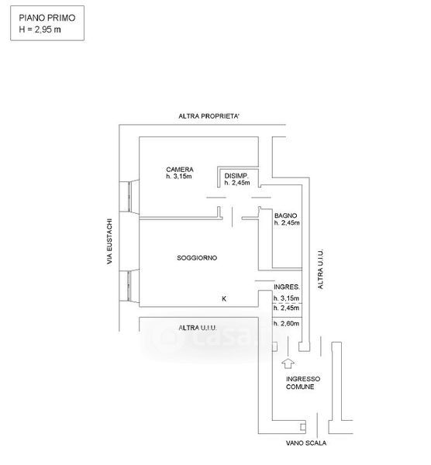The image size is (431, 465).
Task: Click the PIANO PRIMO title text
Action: point(47,18)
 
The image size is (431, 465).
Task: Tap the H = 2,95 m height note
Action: point(40,29)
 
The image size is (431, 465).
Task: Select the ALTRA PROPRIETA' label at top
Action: point(209,116)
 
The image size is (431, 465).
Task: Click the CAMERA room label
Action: point(180,169)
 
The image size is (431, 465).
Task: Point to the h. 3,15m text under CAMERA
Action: point(179,177)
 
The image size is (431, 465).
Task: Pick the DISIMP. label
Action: point(236,176)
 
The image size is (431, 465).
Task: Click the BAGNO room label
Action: point(285,215)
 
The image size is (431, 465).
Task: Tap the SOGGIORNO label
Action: point(197,258)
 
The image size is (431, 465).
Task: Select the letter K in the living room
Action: point(224,298)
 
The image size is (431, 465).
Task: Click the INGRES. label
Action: point(287,287)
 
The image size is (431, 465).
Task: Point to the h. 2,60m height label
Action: point(286,323)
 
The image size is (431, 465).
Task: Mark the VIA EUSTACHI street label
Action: point(110,241)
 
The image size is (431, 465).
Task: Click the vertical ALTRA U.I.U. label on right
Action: point(320,269)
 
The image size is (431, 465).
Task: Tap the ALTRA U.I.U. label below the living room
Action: point(198,328)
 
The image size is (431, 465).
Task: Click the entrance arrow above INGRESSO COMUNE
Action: point(288,363)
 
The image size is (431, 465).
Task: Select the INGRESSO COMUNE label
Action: point(303,383)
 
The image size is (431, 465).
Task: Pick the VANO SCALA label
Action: point(306,443)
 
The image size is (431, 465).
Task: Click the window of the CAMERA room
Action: point(129,197)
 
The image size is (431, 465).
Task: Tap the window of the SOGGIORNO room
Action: point(129,285)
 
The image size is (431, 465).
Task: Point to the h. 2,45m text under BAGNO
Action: point(287,222)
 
